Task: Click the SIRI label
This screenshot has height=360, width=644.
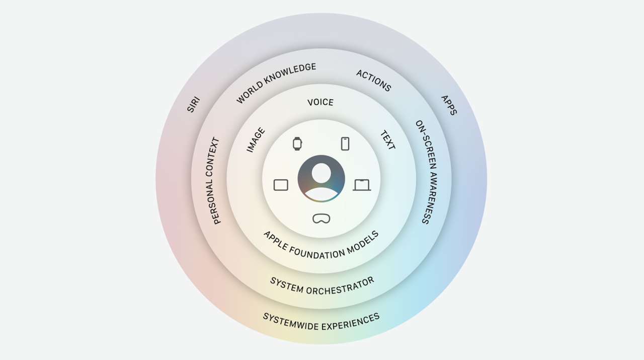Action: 194,104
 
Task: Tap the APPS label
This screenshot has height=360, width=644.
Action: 449,105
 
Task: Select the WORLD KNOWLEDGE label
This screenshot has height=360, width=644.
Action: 276,83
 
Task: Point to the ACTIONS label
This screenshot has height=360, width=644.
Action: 374,81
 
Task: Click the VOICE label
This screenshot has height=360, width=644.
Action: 320,102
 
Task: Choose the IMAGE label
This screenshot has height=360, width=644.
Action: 256,140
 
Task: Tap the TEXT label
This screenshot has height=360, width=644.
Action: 388,140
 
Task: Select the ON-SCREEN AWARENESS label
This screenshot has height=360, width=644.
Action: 427,172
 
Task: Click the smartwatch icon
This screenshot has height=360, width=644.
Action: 297,143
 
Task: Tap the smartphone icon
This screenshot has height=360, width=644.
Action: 345,143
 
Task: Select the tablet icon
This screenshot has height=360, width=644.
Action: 281,185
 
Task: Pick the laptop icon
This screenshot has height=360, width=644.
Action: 362,185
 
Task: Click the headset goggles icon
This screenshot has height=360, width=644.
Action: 321,219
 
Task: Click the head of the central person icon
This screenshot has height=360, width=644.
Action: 321,173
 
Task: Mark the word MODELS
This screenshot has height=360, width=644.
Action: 363,243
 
